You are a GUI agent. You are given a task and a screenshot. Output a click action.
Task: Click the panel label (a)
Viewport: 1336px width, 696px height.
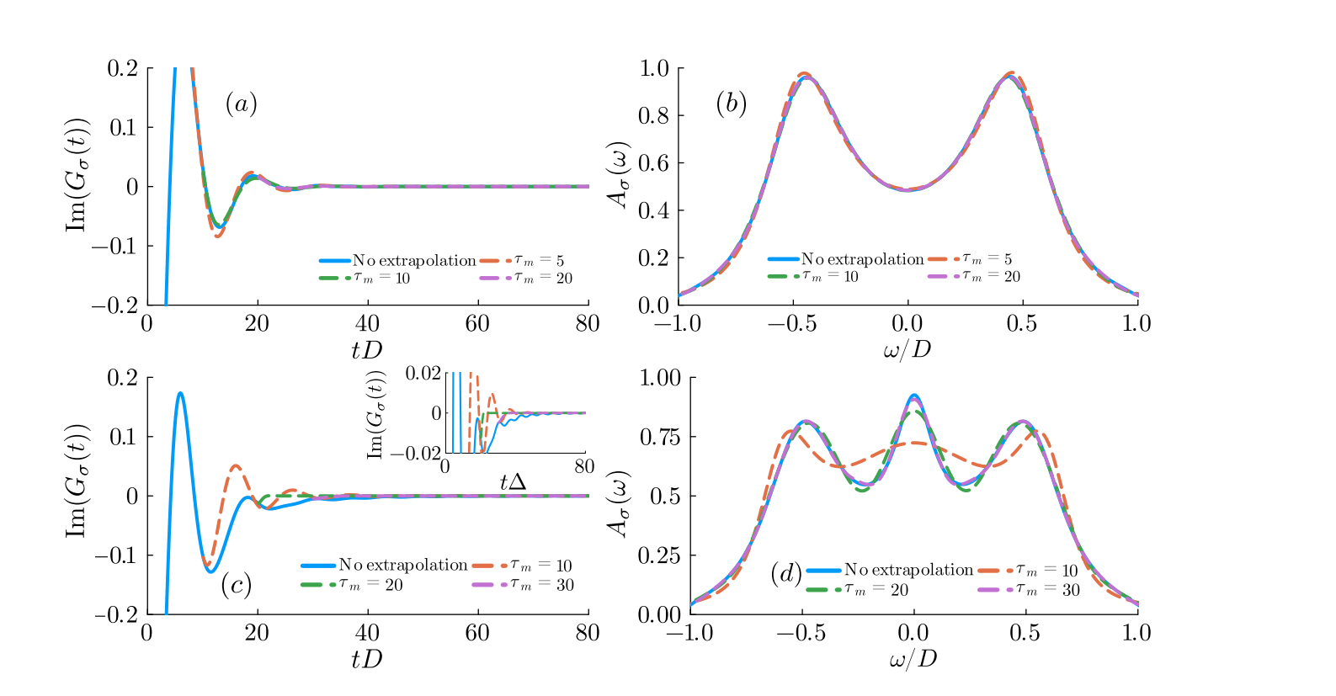241,104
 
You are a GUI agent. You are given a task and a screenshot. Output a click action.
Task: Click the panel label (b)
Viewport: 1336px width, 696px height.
731,104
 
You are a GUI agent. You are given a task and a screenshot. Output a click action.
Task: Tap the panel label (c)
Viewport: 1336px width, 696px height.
236,585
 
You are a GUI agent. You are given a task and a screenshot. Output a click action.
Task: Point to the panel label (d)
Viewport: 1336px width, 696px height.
785,574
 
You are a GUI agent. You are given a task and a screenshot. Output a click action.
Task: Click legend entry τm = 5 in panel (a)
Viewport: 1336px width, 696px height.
539,260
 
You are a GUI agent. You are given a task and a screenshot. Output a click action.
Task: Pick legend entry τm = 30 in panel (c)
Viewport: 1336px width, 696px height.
542,584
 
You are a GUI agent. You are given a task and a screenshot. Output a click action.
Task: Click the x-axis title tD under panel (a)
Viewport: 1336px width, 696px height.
366,350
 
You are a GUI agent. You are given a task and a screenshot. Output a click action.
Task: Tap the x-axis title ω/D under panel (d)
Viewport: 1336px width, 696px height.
913,659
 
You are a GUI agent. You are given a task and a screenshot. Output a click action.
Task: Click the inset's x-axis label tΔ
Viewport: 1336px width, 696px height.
513,481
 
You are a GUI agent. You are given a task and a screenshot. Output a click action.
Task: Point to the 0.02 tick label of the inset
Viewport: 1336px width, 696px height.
423,373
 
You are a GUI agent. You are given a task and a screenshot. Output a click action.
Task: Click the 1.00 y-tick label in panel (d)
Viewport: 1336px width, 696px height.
660,377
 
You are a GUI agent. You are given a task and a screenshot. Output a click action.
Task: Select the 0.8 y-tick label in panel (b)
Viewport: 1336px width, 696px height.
653,115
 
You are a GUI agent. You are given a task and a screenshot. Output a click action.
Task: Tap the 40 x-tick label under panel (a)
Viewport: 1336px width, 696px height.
367,323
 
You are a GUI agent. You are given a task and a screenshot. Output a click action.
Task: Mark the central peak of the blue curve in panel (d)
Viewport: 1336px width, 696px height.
913,394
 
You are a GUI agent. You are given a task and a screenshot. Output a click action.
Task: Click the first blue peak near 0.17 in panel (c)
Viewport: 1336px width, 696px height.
180,392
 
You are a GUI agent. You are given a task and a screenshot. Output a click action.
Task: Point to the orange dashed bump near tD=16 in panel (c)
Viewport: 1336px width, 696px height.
236,465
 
